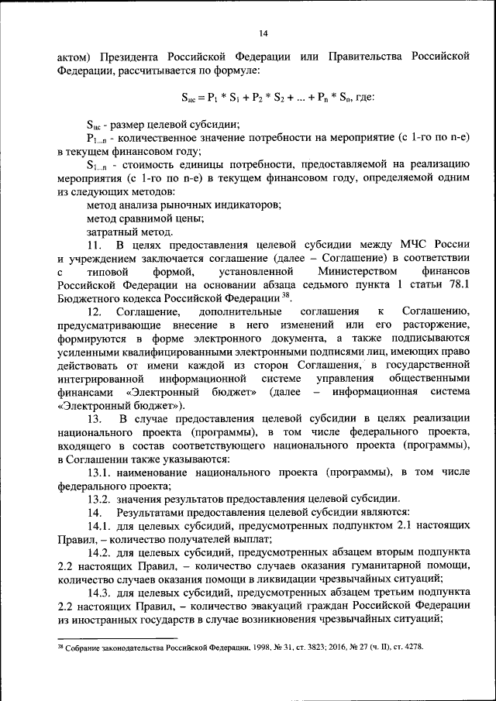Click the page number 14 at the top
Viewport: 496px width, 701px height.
[263, 33]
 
